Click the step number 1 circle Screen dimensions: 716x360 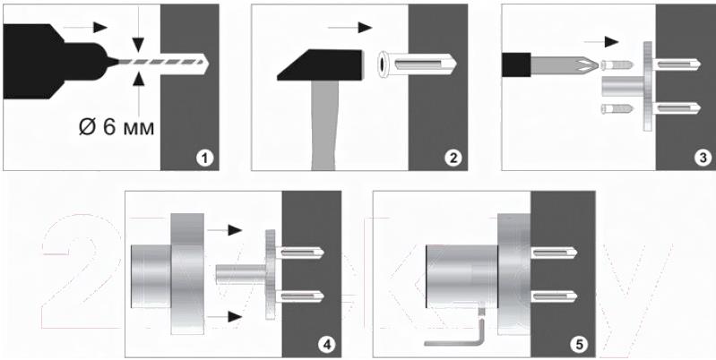204,159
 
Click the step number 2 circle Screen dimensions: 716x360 453,159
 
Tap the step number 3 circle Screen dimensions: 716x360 703,158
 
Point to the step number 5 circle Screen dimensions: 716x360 579,345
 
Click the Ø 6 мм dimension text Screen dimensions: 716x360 116,128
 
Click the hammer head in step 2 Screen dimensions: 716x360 320,64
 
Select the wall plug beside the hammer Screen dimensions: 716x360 417,64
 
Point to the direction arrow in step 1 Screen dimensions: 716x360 84,28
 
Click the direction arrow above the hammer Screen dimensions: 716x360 349,28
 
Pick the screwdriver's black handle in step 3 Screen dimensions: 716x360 516,64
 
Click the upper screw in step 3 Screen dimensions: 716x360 617,64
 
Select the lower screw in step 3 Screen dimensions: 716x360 617,109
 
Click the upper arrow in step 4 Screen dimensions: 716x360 225,230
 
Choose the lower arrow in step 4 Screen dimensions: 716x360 225,316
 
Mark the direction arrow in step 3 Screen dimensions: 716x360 601,42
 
